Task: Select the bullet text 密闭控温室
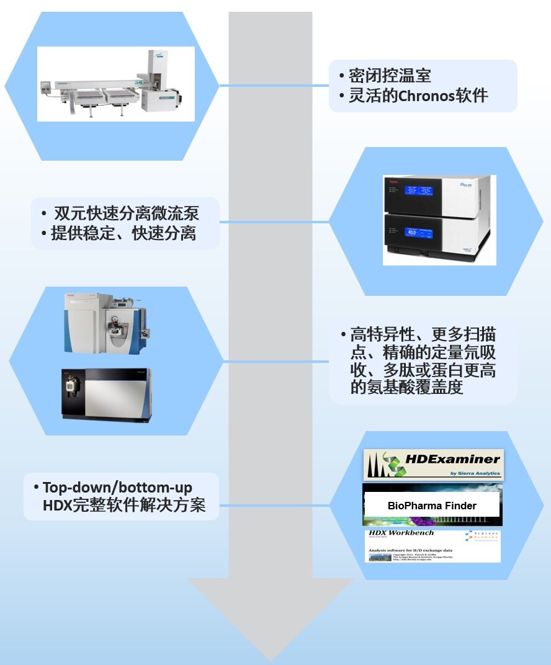pyautogui.click(x=390, y=76)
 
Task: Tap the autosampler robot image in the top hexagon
pyautogui.click(x=116, y=84)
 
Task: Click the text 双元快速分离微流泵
pyautogui.click(x=127, y=214)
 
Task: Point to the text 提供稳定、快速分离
pyautogui.click(x=124, y=234)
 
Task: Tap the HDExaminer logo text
pyautogui.click(x=452, y=460)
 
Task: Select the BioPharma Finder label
pyautogui.click(x=432, y=506)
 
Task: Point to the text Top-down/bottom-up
pyautogui.click(x=117, y=487)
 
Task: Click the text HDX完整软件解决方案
pyautogui.click(x=124, y=506)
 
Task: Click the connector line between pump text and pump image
pyautogui.click(x=273, y=221)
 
